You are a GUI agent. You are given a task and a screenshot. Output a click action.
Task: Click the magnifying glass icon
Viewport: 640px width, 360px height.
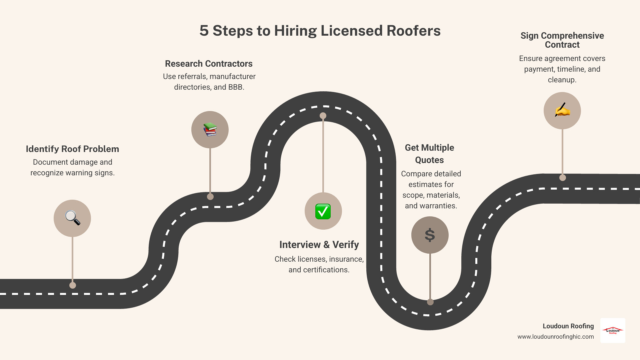click(72, 218)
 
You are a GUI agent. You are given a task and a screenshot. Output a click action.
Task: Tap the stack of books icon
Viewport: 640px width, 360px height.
click(210, 129)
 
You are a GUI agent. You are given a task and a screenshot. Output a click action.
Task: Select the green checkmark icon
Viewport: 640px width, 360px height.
click(323, 211)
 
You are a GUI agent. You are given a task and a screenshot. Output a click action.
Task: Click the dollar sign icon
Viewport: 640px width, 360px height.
click(430, 235)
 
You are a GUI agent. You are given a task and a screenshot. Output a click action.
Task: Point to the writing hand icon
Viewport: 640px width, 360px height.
click(562, 110)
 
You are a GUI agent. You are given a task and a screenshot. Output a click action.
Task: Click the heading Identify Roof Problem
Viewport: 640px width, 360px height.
click(72, 149)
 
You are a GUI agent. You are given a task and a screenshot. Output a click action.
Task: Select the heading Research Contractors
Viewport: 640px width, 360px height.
click(209, 64)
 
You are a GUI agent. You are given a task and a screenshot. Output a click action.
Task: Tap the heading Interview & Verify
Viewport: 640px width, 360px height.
click(319, 245)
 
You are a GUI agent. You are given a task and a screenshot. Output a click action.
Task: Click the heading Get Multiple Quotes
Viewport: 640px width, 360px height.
click(429, 154)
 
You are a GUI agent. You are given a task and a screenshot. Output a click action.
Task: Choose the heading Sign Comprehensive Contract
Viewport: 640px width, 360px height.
click(562, 40)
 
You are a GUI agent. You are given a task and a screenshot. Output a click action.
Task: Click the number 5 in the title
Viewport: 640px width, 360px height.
click(204, 31)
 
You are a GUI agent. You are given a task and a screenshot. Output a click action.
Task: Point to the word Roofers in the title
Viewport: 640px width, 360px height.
click(413, 31)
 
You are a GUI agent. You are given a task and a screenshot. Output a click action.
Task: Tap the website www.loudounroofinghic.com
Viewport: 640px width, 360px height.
click(555, 337)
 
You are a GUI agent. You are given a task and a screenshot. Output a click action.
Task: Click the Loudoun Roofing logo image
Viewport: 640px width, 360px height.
click(613, 330)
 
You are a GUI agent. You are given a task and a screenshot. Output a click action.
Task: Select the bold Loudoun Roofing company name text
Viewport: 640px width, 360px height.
click(568, 326)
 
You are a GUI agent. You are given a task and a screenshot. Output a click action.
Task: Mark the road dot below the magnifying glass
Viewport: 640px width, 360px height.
click(73, 285)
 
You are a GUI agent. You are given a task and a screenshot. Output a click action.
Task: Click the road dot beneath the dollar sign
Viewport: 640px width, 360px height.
click(430, 302)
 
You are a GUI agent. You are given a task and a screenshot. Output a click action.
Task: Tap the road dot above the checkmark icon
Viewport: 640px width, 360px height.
click(323, 116)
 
